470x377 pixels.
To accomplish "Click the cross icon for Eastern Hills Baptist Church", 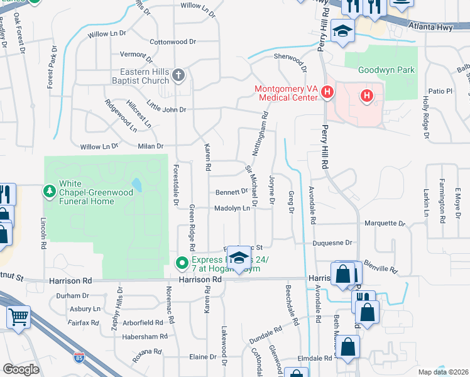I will pyautogui.click(x=178, y=76).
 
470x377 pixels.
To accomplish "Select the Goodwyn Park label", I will pyautogui.click(x=386, y=70).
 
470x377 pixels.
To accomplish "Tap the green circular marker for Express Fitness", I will pyautogui.click(x=182, y=263).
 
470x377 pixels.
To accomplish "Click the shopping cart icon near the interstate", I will pyautogui.click(x=19, y=317).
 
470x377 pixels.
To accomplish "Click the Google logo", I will pyautogui.click(x=21, y=369).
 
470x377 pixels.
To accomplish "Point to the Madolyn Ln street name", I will pyautogui.click(x=232, y=208).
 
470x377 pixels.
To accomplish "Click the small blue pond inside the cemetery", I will pyautogui.click(x=136, y=185).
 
